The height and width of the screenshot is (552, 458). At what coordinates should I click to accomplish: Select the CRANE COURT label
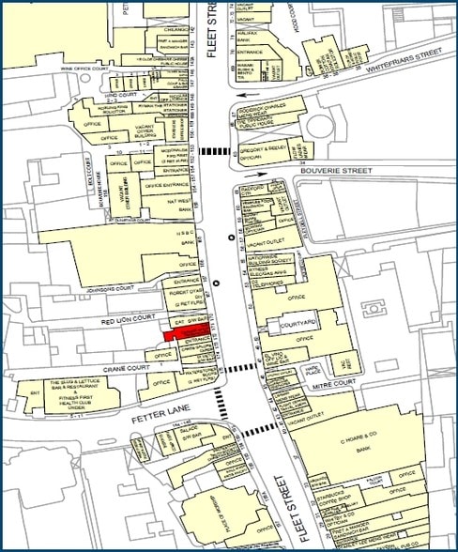[x=128, y=367]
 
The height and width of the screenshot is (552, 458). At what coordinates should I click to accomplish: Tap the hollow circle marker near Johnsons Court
[x=218, y=282]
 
